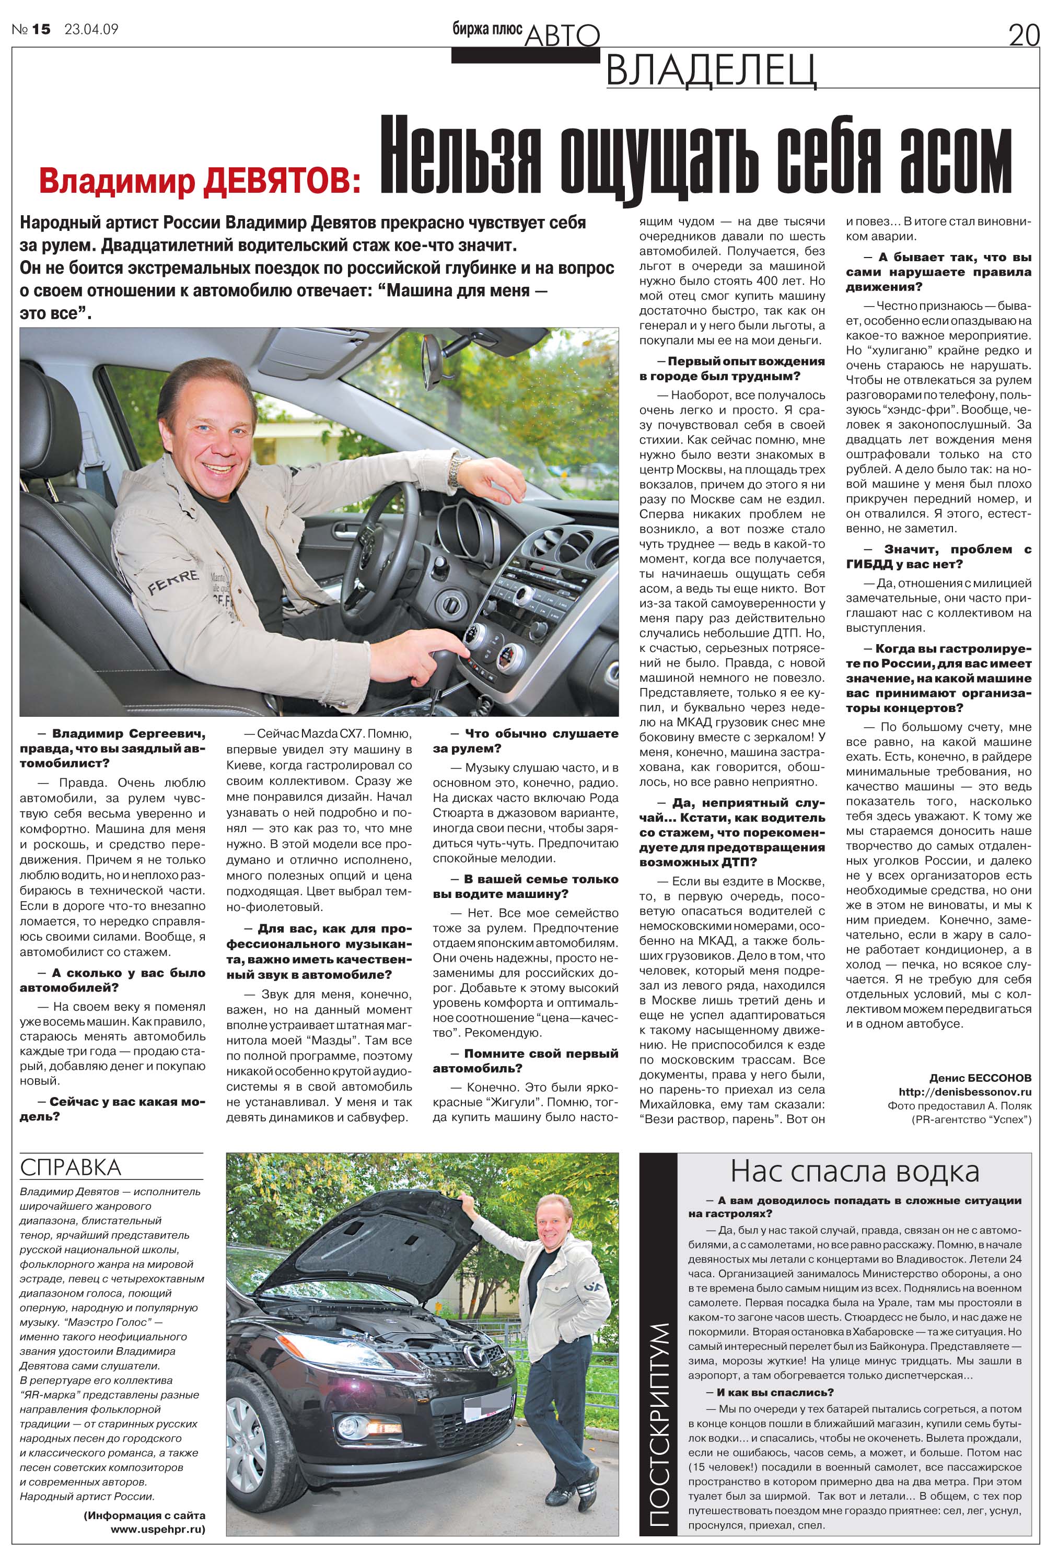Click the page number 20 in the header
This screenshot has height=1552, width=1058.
pyautogui.click(x=1024, y=34)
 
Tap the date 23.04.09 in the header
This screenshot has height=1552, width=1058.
pyautogui.click(x=91, y=29)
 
